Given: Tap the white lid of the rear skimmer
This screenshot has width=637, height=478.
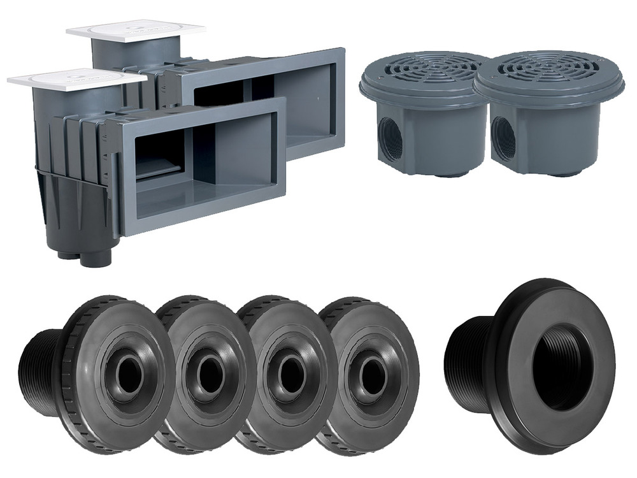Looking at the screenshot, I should point(135,30).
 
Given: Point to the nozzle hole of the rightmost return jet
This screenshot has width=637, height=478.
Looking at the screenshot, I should point(371,376).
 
